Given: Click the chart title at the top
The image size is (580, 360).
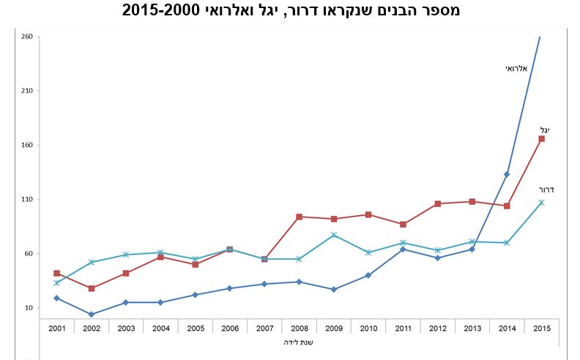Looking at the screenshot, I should coord(291,10).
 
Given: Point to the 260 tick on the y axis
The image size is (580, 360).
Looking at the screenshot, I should coord(26,37).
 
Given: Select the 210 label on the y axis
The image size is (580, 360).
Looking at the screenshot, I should coord(26,91).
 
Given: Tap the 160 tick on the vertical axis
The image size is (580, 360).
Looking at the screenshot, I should coord(26,145).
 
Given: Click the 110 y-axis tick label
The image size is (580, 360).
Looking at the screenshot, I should coord(26,199).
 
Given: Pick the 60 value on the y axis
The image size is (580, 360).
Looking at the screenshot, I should coord(28,253).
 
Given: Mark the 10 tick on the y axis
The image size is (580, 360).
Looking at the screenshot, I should coord(28,307).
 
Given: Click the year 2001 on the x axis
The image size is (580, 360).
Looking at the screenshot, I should coord(57,327).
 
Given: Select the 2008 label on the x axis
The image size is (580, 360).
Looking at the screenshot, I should coord(299,327).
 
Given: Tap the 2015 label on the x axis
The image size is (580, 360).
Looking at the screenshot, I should coord(541,327).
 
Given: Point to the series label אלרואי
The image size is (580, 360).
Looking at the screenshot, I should coord(516,68).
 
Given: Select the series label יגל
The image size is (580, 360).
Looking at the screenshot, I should coord(545,130).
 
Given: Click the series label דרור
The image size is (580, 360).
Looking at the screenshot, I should coord(546,190).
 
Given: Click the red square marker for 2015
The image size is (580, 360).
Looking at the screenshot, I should coord(541,138).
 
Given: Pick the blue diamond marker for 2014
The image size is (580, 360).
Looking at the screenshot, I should coord(507,174).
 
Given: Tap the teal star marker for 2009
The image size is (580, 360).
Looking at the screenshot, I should coord(333,235).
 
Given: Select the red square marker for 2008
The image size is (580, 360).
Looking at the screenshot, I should coord(299,217).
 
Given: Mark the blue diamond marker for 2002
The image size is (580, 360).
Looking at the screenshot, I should coord(92,315).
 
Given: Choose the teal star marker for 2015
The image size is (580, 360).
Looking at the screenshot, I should coord(541,202).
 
